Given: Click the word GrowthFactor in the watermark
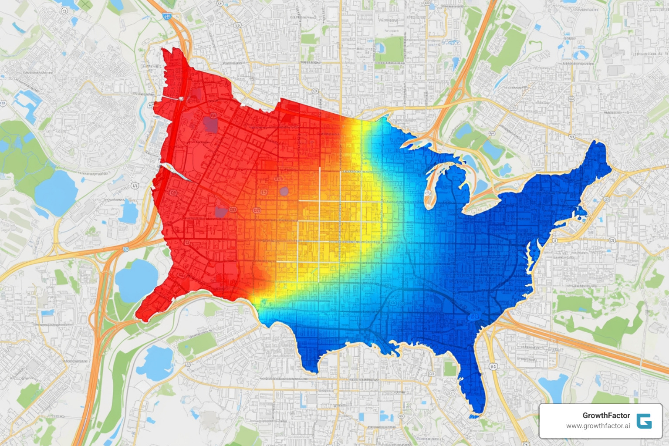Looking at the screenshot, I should (606, 416).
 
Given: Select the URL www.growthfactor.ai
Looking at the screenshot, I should (598, 426).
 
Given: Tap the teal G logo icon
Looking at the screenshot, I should (644, 421).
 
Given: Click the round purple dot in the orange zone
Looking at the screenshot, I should (284, 191).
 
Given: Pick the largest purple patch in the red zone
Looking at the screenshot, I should (210, 124).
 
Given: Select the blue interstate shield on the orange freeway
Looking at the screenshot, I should (166, 16).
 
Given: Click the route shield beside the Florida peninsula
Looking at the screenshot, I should (493, 367).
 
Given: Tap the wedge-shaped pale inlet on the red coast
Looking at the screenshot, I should (176, 172).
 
